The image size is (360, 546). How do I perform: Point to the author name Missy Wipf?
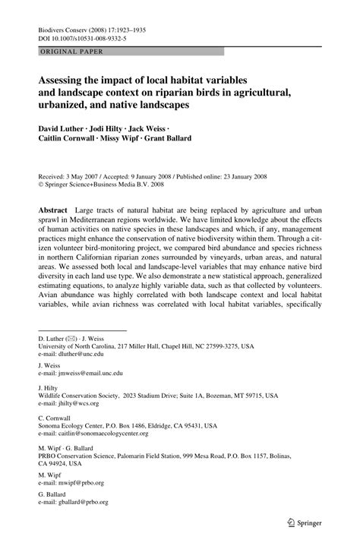click(120, 140)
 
